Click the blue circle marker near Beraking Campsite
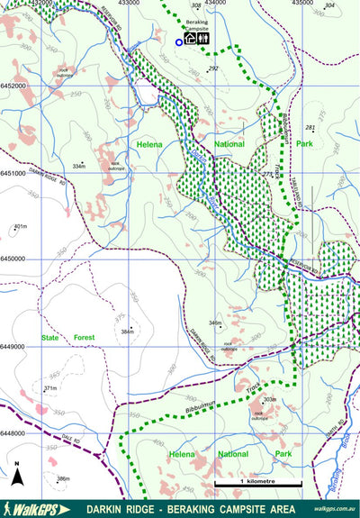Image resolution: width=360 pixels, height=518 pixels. (x=179, y=42)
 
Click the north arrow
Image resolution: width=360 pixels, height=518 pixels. (x=16, y=472)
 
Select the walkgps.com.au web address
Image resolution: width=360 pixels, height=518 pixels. (x=334, y=509)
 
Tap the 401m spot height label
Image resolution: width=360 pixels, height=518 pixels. (x=22, y=226)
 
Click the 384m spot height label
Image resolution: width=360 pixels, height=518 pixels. (x=127, y=332)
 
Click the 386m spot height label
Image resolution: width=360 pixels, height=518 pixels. (x=63, y=478)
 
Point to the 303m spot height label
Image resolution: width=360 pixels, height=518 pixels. (x=269, y=399)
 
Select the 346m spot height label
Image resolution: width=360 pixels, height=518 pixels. (x=214, y=323)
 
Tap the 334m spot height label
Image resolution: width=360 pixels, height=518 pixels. (x=79, y=166)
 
